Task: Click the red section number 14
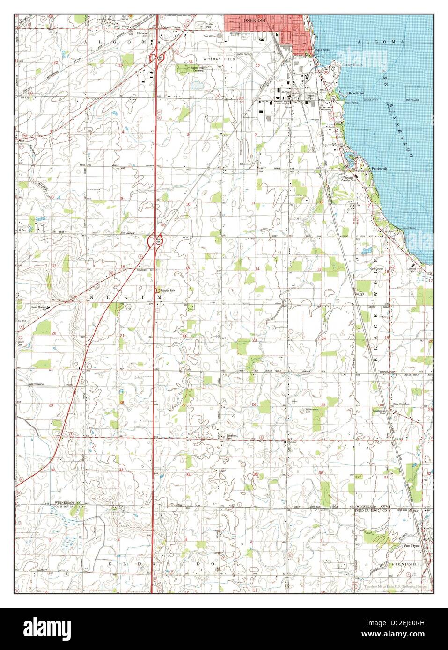click(x=257, y=269)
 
